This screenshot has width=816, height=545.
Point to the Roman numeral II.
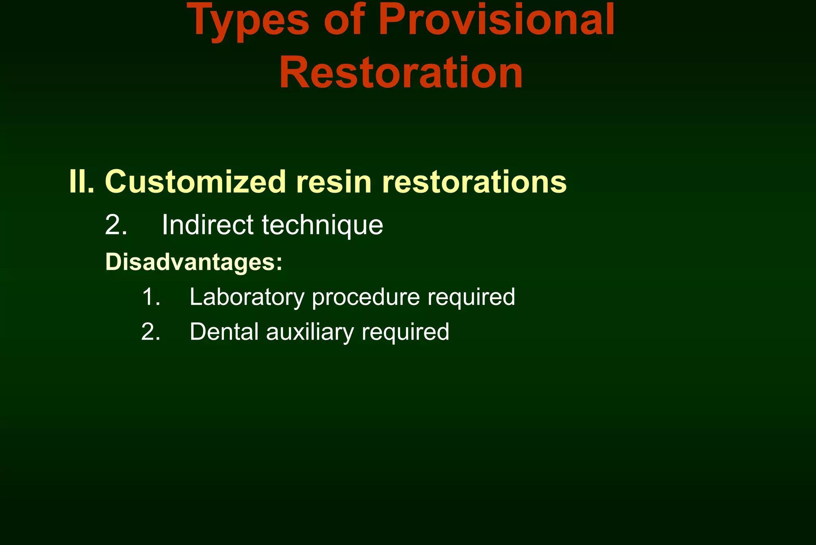(x=81, y=182)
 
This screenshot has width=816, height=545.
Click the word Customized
(x=195, y=182)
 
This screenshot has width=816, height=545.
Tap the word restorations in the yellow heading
(x=474, y=182)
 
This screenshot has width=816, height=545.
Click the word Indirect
(x=207, y=225)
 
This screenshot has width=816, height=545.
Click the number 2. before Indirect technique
(x=116, y=225)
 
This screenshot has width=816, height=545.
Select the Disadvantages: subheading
(x=194, y=262)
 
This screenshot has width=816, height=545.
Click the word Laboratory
(x=247, y=297)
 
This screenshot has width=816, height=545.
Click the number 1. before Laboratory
(x=151, y=297)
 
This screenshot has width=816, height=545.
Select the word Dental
(x=224, y=332)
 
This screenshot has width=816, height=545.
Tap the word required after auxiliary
(x=405, y=332)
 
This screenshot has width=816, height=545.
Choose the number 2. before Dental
(x=151, y=332)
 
